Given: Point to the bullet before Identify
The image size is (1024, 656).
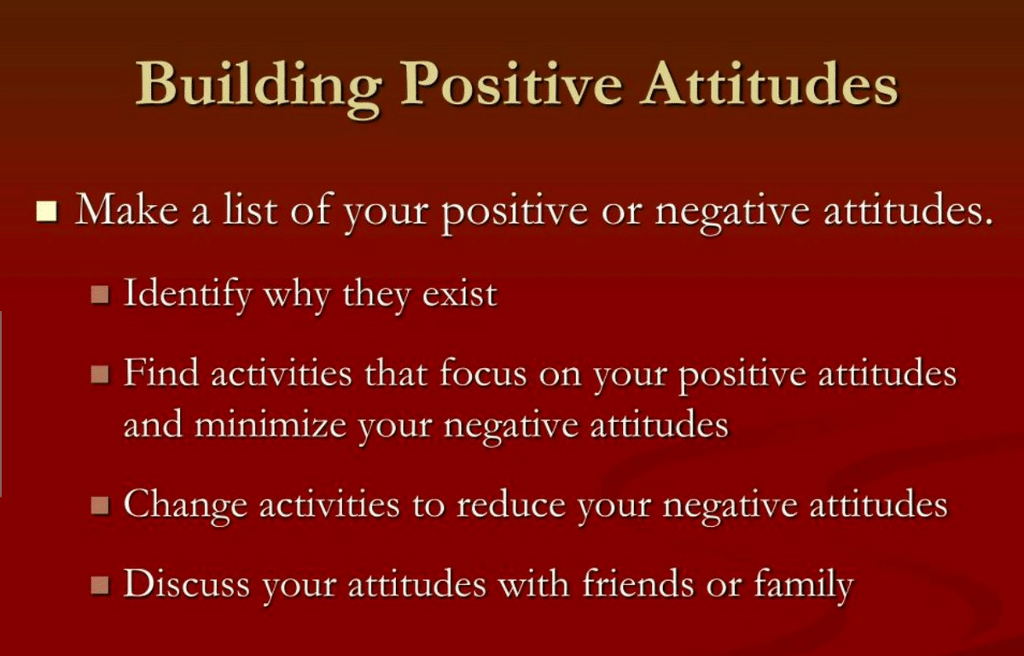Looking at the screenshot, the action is pos(100,294).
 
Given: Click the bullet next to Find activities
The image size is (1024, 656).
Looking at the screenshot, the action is pos(100,374).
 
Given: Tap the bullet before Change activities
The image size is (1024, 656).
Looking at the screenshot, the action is pos(100,505).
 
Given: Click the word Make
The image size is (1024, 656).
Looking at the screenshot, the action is pos(127,209).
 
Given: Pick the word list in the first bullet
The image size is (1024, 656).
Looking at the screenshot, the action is pos(250,209).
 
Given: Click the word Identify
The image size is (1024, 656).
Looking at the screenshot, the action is pos(188,294).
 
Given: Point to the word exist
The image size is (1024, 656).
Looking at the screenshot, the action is pos(459,294).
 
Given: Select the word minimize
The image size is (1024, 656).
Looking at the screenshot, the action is pos(271,425).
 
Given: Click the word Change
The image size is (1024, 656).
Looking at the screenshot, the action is pos(186,506).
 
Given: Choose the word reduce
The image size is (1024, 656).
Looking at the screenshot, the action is pos(511,504).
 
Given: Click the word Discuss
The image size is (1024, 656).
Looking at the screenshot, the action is pos(187,584).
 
